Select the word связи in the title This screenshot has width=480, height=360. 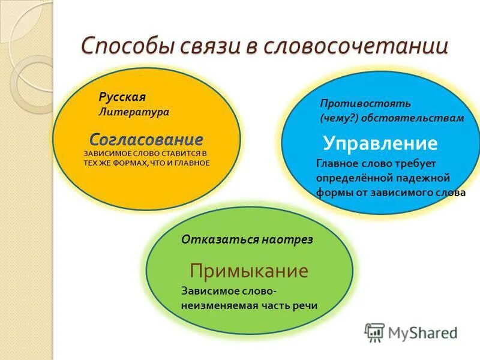(204, 46)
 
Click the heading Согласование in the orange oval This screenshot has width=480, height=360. (146, 140)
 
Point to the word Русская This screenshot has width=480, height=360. (122, 97)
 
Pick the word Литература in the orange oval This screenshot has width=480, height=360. (134, 112)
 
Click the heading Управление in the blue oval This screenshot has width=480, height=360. (380, 143)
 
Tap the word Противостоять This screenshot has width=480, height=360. (356, 104)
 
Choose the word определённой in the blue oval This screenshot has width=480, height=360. (355, 178)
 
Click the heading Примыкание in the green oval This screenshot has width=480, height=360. (249, 271)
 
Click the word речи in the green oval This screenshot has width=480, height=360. (305, 305)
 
